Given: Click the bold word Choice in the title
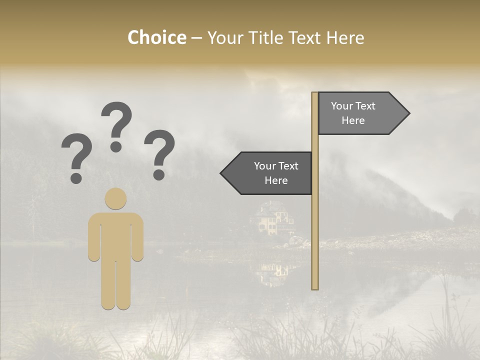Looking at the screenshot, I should coord(156,37).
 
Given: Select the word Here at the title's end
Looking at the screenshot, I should coord(345,37).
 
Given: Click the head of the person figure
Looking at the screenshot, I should coord(115,198).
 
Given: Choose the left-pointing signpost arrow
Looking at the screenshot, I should coord(267,173).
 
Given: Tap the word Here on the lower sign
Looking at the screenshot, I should coord(276,180).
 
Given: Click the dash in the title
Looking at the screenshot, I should coord(197,38).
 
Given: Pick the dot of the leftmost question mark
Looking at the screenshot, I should coord(76,177).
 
